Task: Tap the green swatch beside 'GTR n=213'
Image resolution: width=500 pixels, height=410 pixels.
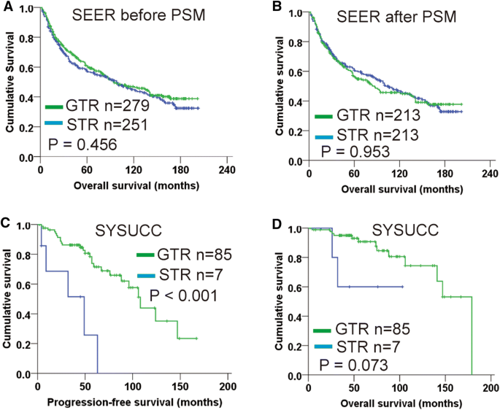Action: [x=323, y=116]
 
